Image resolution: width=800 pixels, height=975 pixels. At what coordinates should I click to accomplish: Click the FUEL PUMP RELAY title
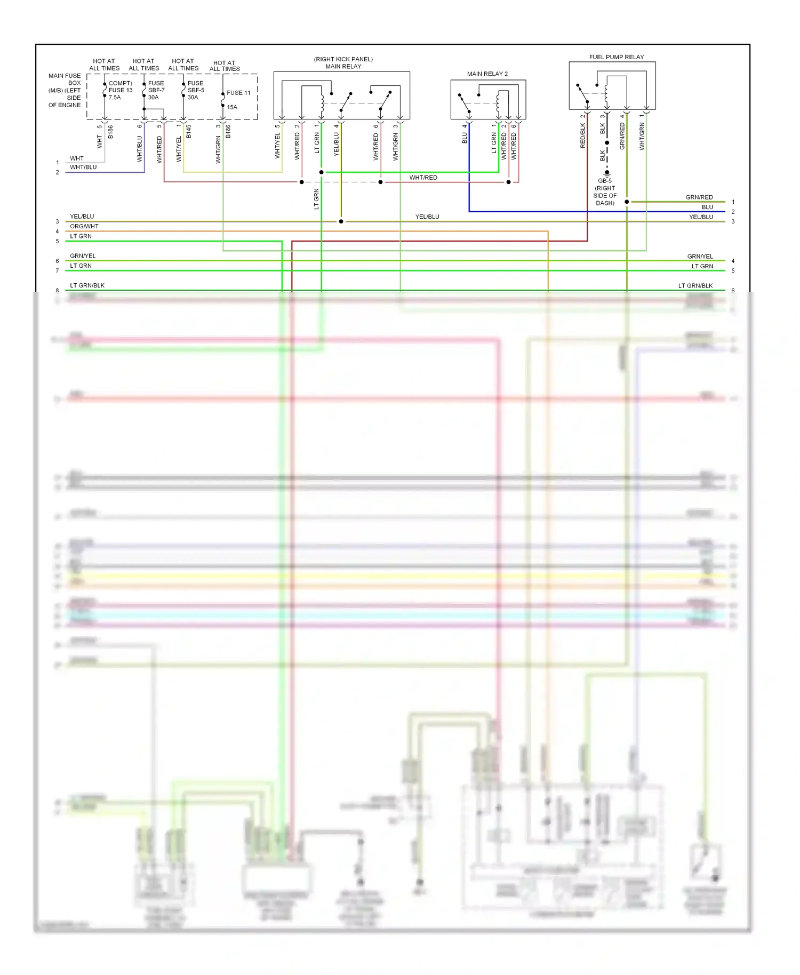coord(616,57)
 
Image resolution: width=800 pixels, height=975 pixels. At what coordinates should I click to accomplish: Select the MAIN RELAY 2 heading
coord(487,74)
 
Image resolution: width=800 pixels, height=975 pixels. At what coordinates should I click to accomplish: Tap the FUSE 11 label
coord(238,93)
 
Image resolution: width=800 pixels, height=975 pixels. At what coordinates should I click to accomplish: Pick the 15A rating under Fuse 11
coord(232,107)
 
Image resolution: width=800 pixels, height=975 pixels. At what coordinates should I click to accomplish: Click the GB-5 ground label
coord(605,181)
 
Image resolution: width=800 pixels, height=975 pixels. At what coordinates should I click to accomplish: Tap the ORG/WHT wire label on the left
coord(84,226)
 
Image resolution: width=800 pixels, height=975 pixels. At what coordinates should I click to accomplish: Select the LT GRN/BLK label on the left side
coord(87,285)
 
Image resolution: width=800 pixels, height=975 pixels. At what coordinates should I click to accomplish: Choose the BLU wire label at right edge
coord(707,207)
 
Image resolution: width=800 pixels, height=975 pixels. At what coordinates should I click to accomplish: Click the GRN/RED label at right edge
coord(699,197)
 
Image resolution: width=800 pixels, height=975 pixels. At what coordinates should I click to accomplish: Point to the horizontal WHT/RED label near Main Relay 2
coord(423,178)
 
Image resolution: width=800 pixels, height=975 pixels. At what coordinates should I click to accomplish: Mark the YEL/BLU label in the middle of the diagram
coord(427,217)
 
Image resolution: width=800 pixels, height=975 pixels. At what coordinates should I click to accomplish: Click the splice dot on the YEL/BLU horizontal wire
coord(341,221)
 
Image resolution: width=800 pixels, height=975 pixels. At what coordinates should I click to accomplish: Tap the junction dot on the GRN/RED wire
coord(627,202)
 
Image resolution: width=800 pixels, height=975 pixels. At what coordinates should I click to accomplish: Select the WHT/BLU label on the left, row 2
coord(83,167)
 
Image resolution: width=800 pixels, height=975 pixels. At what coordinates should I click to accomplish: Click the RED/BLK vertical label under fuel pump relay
coord(583,135)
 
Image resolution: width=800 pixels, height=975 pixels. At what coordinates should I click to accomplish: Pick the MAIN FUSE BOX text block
coord(65,90)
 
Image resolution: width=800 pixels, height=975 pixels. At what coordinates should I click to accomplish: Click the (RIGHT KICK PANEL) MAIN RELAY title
coord(343,63)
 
